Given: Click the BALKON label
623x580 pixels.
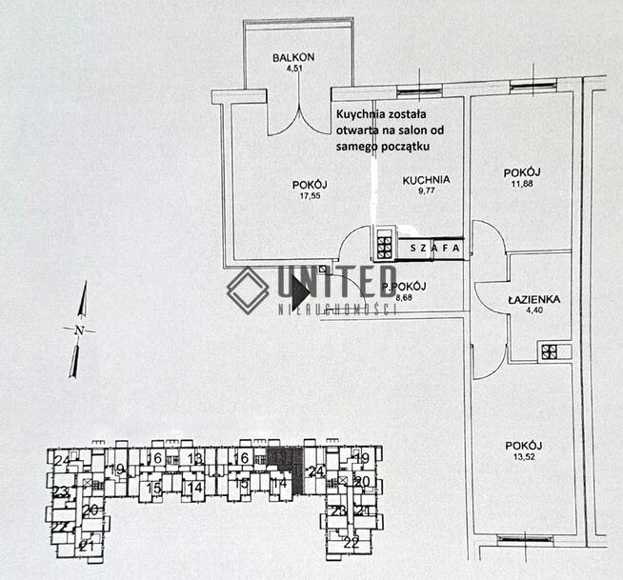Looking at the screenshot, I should click(x=293, y=57).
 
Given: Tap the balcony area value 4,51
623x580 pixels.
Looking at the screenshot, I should click(x=293, y=68).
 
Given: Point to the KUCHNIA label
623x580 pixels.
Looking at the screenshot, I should click(x=426, y=180).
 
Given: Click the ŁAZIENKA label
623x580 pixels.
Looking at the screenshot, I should click(x=533, y=299).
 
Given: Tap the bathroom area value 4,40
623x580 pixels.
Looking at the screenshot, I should click(x=533, y=310).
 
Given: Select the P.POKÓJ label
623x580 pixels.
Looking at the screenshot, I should click(x=403, y=287).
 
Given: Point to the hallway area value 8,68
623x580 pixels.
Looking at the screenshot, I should click(x=403, y=297).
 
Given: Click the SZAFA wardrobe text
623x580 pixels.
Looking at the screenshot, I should click(x=434, y=249).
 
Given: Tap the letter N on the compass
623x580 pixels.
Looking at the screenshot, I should click(x=79, y=330).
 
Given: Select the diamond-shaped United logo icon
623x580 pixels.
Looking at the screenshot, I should click(x=248, y=290).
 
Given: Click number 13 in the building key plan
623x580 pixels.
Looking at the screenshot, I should click(x=195, y=459).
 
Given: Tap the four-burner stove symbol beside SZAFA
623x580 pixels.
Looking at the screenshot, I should click(x=384, y=248).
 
